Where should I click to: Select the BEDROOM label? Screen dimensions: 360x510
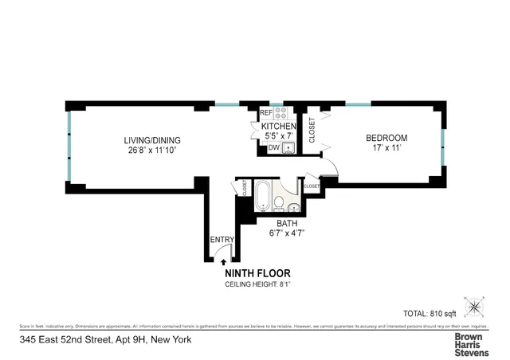point(386,136)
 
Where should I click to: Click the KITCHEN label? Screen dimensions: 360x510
point(278,126)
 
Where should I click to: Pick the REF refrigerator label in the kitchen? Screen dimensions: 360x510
point(266,113)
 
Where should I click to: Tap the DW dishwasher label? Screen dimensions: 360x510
point(273,147)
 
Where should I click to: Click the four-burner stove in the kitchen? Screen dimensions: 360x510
point(280,113)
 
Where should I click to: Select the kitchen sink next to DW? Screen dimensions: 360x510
point(288,147)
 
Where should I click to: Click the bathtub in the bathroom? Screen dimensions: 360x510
point(262,196)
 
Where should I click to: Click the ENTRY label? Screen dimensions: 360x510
point(221,240)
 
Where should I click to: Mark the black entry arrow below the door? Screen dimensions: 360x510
point(223,260)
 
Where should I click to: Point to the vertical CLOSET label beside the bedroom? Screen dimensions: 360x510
point(312,131)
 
